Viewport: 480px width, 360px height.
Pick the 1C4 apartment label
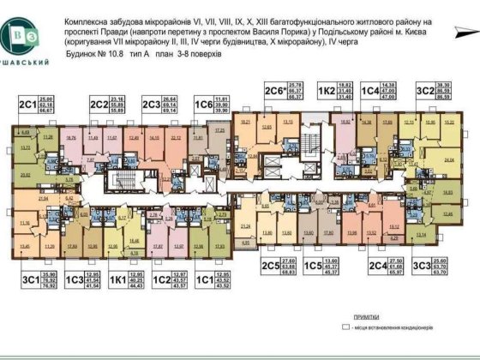(370, 89)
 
